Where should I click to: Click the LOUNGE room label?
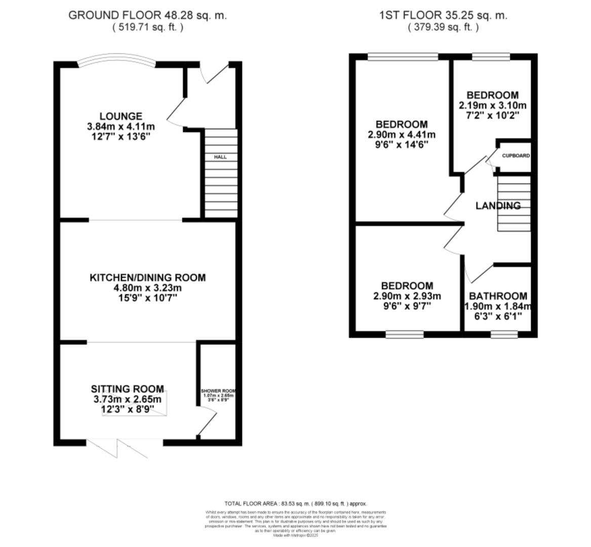coord(121,116)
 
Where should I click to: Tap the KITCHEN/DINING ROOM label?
coord(147,278)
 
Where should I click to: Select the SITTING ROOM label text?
coord(127,389)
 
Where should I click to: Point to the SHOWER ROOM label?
coord(218,392)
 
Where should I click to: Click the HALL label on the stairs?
coord(220,157)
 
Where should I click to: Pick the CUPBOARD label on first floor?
coord(516,156)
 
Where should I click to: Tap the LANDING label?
coord(498,206)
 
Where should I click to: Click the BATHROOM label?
coord(498,296)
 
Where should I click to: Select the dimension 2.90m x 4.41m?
coord(402,135)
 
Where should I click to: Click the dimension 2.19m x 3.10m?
coord(492,106)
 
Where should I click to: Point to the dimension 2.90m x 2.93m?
coord(407,296)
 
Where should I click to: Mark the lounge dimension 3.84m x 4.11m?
coord(121,127)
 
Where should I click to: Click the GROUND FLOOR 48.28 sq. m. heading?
coord(147,15)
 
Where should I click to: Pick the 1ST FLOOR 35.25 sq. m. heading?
coord(443,15)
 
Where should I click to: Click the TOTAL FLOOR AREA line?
coord(295,504)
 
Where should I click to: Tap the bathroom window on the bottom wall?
coord(504,334)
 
